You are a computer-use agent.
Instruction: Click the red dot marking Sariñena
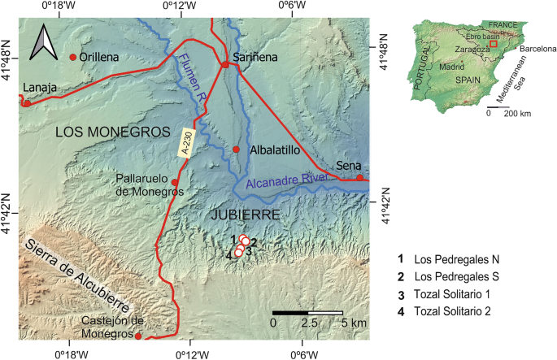tap(225, 64)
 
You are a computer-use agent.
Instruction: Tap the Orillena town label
tap(99, 58)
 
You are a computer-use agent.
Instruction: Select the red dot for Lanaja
tap(27, 103)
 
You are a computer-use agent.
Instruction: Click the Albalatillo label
tap(273, 150)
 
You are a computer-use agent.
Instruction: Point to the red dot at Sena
tap(359, 178)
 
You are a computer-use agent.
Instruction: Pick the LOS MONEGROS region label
tap(112, 132)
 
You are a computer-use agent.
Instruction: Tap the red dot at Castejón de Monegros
tap(138, 336)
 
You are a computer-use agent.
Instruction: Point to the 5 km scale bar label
tap(354, 323)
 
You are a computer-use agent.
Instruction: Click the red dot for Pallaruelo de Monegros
tap(175, 182)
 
